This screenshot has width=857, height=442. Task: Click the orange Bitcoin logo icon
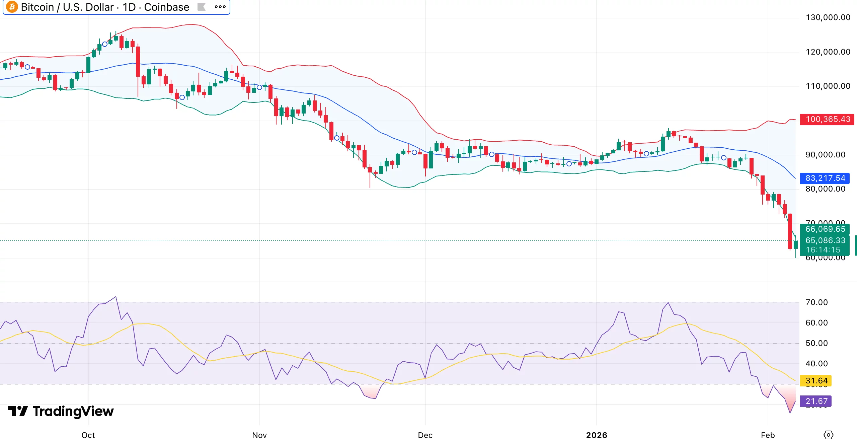[12, 7]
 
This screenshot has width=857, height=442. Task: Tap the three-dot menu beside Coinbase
[220, 7]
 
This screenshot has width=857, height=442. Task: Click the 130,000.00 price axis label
[828, 17]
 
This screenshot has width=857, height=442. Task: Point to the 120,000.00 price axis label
[828, 52]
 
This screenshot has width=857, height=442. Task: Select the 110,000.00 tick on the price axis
[828, 86]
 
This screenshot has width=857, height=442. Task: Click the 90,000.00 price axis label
[825, 155]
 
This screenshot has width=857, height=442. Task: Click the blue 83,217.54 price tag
[825, 178]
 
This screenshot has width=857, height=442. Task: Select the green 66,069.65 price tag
[825, 229]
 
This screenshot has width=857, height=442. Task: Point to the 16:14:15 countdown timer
[823, 250]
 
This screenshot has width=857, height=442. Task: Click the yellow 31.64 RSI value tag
[816, 381]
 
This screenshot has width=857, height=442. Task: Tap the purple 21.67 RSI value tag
[816, 401]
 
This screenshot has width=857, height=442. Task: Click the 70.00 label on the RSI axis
[816, 302]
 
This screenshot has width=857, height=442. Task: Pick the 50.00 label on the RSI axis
[816, 343]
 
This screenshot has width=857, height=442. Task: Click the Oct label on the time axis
[88, 435]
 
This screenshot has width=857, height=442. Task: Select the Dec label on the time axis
[425, 435]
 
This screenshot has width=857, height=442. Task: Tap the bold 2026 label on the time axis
[597, 435]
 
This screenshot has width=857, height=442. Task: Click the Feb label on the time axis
[768, 435]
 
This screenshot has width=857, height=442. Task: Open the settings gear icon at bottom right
[828, 435]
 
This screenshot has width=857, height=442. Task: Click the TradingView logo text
[73, 411]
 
